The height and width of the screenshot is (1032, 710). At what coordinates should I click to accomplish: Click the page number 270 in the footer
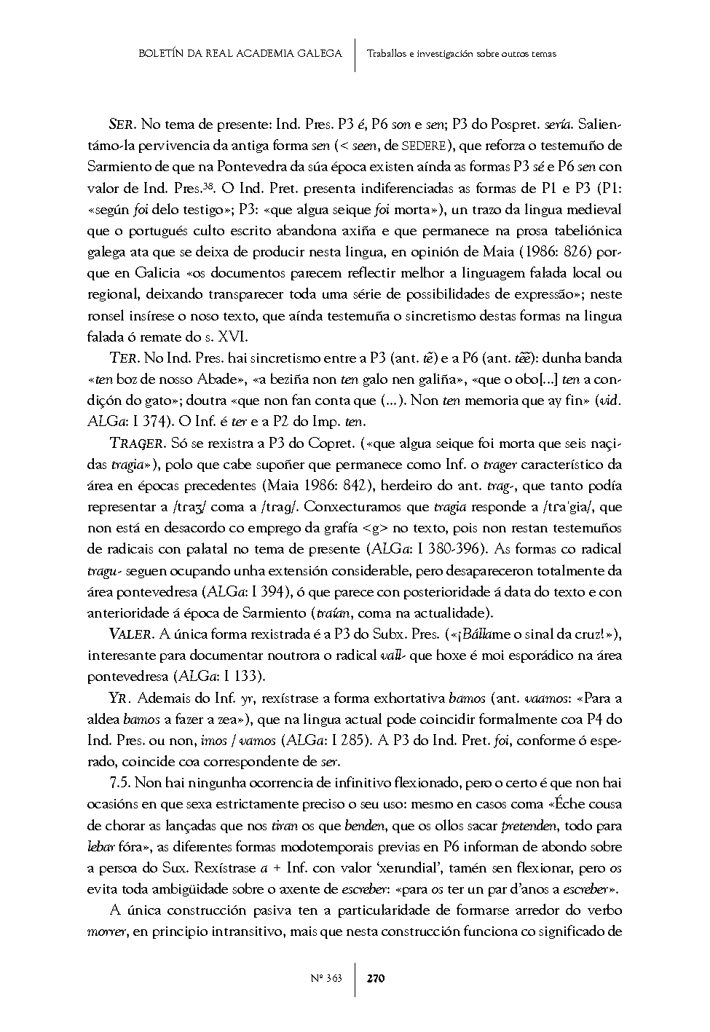pyautogui.click(x=375, y=978)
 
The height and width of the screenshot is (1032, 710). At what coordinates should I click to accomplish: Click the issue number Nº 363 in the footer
pyautogui.click(x=326, y=978)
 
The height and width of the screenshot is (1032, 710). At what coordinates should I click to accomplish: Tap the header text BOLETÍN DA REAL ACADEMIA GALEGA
pyautogui.click(x=240, y=53)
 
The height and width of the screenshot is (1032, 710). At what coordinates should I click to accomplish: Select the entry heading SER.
pyautogui.click(x=122, y=124)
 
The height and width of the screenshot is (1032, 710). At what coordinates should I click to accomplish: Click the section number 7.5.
pyautogui.click(x=119, y=784)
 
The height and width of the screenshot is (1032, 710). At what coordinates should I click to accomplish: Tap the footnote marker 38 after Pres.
pyautogui.click(x=208, y=185)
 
